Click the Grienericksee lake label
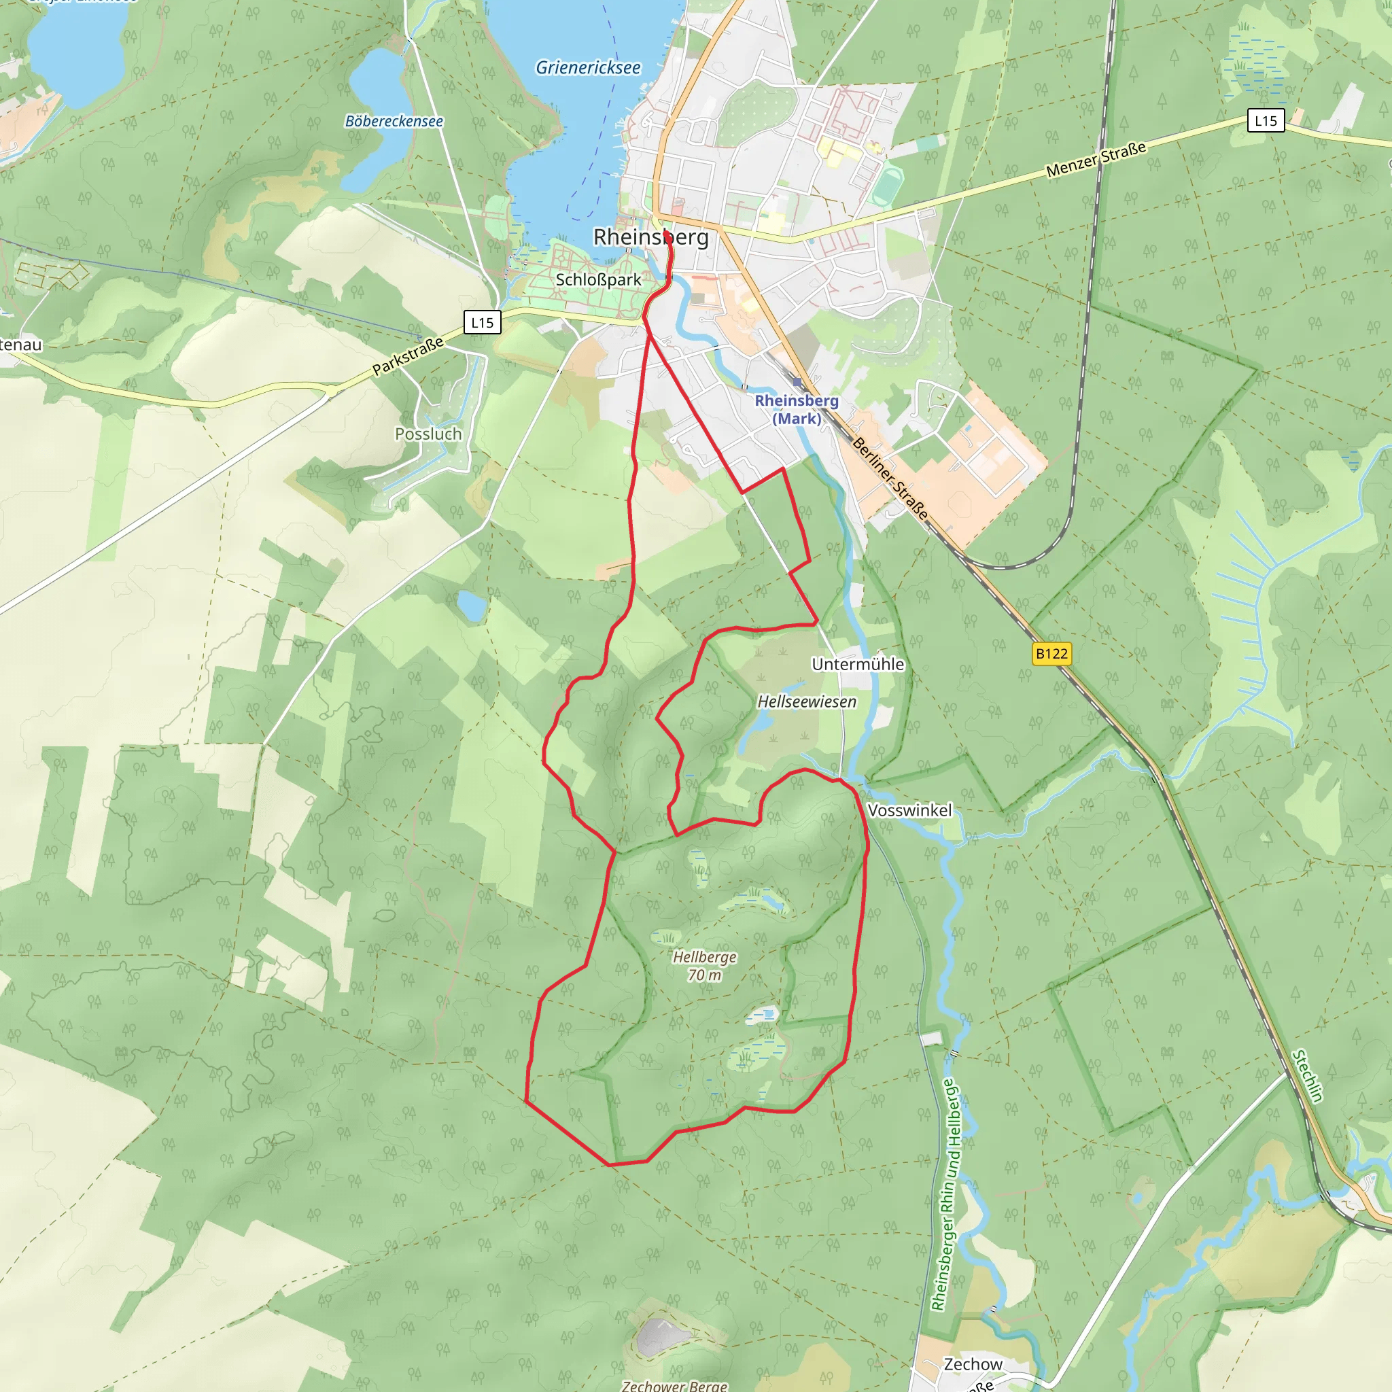(x=588, y=68)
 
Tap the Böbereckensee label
(x=394, y=121)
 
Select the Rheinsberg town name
(x=650, y=237)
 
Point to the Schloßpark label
(x=598, y=279)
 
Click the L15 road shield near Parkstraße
(x=482, y=322)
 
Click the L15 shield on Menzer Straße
(x=1265, y=120)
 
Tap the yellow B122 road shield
(x=1051, y=653)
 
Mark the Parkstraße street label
(x=408, y=356)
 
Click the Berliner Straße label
(x=890, y=478)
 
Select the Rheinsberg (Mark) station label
(x=796, y=409)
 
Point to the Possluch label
(x=428, y=434)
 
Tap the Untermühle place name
(x=857, y=663)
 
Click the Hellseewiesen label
(x=806, y=701)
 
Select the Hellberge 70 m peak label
(x=705, y=965)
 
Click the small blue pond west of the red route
(x=472, y=606)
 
